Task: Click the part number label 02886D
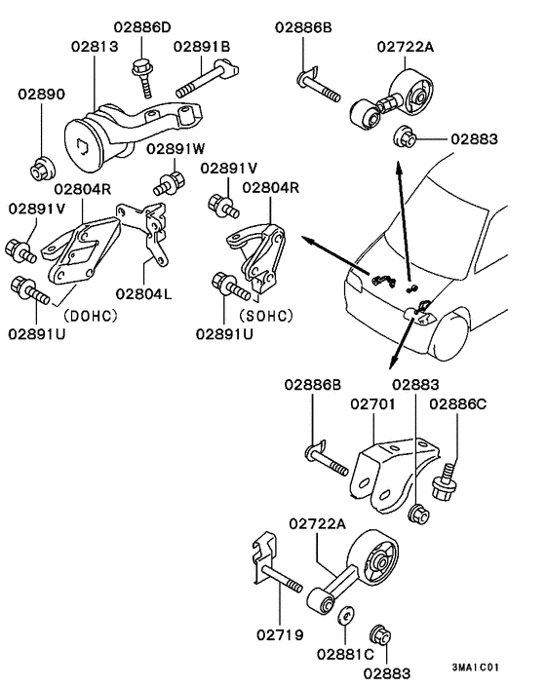141,25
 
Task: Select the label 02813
96,46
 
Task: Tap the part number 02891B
202,46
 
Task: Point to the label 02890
41,95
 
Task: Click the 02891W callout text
176,149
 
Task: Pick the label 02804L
143,291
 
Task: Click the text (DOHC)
91,316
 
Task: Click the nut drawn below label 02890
41,169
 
